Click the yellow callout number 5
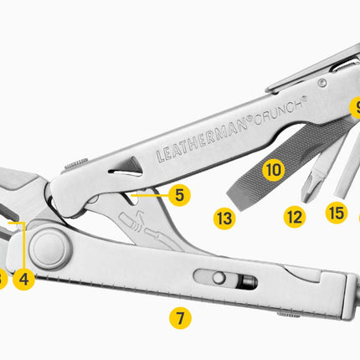pos(179,195)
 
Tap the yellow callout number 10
pos(274,170)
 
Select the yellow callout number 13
pos(224,219)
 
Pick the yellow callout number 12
pos(295,217)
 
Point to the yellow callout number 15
pos(337,213)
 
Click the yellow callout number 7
pos(180,318)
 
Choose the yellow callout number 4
pos(23,280)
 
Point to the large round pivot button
pos(49,249)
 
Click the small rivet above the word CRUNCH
pos(322,83)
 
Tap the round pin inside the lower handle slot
pos(219,278)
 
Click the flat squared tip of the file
pos(236,200)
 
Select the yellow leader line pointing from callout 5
pos(150,195)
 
